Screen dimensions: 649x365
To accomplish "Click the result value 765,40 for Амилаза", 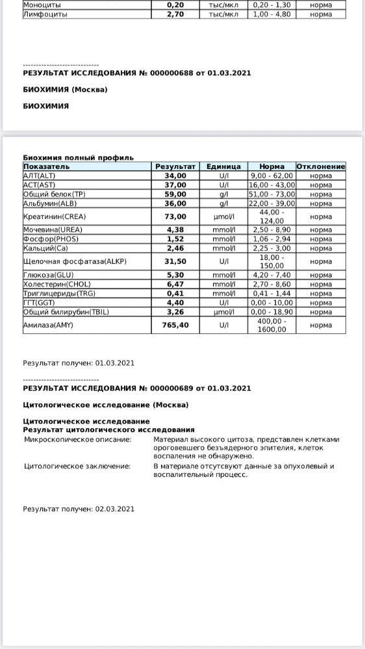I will pos(175,325).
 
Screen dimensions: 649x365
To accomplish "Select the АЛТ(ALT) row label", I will pos(40,175).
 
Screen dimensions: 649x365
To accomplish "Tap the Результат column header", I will pos(175,166).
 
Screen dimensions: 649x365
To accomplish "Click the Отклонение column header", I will pos(320,166).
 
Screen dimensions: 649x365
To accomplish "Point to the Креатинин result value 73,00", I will pos(175,216).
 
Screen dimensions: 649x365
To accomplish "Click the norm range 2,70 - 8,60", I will pos(272,284).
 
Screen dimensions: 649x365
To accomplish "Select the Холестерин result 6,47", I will pos(175,284).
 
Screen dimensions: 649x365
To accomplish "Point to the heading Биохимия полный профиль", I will pos(78,157).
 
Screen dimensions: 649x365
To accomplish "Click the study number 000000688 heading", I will pos(136,73).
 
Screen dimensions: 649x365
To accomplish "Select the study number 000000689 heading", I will pos(136,388).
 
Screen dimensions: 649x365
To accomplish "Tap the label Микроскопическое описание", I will pos(77,440).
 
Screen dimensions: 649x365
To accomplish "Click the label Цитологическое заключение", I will pos(77,466).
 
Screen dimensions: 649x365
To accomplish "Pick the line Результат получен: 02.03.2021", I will pos(79,509).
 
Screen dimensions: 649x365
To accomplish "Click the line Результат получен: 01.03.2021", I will pos(79,363).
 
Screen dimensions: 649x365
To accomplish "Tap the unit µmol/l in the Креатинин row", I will pos(223,216).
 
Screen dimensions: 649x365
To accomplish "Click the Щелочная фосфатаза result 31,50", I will pos(175,261).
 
